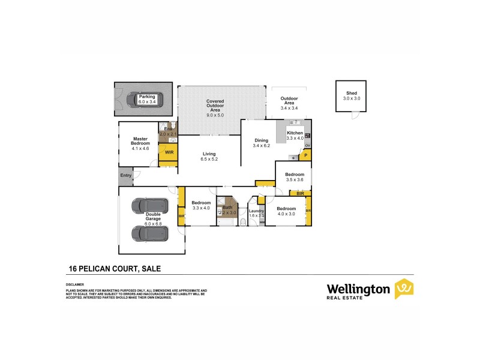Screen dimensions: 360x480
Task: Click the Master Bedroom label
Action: coord(140,142)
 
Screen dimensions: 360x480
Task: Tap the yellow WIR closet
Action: coord(169,152)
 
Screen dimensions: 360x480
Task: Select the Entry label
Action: coord(125,175)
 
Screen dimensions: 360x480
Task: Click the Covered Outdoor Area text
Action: coord(215,105)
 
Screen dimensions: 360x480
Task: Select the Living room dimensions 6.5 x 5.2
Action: coord(209,160)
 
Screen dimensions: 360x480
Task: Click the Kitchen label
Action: coord(295,133)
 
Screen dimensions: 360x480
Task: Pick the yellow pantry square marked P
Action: coord(305,156)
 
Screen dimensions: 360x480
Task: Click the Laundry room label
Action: coord(256,211)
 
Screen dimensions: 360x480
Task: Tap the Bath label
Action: coord(227,208)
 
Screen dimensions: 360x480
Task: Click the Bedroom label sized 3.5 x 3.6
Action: coord(295,175)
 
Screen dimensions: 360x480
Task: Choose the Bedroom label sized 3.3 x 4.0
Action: coord(200,203)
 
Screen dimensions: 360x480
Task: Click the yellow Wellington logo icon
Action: coord(403,289)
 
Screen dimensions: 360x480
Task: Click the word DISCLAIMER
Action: coord(74,284)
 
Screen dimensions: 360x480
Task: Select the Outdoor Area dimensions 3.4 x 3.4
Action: coord(290,108)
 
